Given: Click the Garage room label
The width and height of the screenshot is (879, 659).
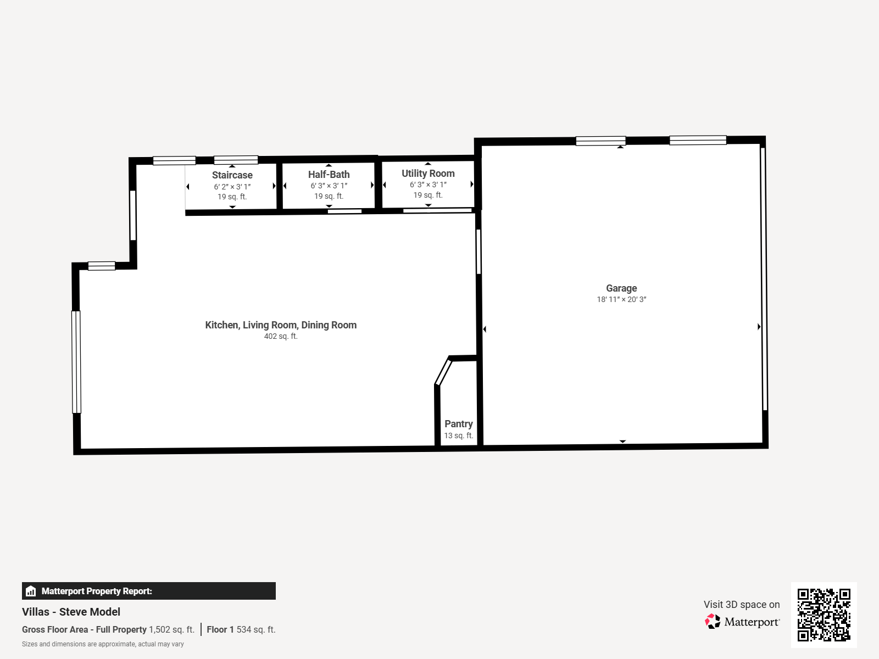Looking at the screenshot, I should click(621, 288).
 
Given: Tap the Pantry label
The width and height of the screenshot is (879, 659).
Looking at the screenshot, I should click(458, 424).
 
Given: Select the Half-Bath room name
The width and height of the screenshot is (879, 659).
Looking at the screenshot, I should click(329, 175).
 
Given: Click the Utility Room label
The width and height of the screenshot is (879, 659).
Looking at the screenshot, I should click(428, 174).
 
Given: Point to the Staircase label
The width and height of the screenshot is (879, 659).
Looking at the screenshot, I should click(232, 175).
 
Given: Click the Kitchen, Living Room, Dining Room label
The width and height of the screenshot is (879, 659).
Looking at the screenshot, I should click(281, 325).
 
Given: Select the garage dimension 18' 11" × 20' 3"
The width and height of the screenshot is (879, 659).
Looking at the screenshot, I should click(621, 300).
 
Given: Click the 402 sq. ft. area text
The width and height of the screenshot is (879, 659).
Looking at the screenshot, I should click(281, 337).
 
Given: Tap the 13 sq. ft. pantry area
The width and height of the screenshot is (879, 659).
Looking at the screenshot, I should click(458, 435).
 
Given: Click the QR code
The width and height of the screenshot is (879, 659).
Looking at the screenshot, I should click(824, 615).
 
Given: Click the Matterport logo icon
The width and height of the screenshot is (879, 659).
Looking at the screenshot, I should click(713, 622).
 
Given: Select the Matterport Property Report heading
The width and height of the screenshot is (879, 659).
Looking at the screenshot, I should click(97, 591).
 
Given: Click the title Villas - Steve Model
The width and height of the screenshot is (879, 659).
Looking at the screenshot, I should click(71, 612).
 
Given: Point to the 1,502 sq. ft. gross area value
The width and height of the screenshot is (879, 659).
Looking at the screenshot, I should click(171, 630).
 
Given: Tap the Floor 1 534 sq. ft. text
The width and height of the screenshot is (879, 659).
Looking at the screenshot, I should click(241, 630).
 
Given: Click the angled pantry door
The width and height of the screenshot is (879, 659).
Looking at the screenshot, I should click(443, 372).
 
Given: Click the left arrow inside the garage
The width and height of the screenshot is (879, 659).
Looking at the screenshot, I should click(485, 329).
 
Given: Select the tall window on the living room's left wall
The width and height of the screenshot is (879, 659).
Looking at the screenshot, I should click(76, 362).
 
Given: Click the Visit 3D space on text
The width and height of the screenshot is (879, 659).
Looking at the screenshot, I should click(741, 605).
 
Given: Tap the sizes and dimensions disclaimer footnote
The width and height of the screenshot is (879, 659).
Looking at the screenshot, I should click(103, 644).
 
